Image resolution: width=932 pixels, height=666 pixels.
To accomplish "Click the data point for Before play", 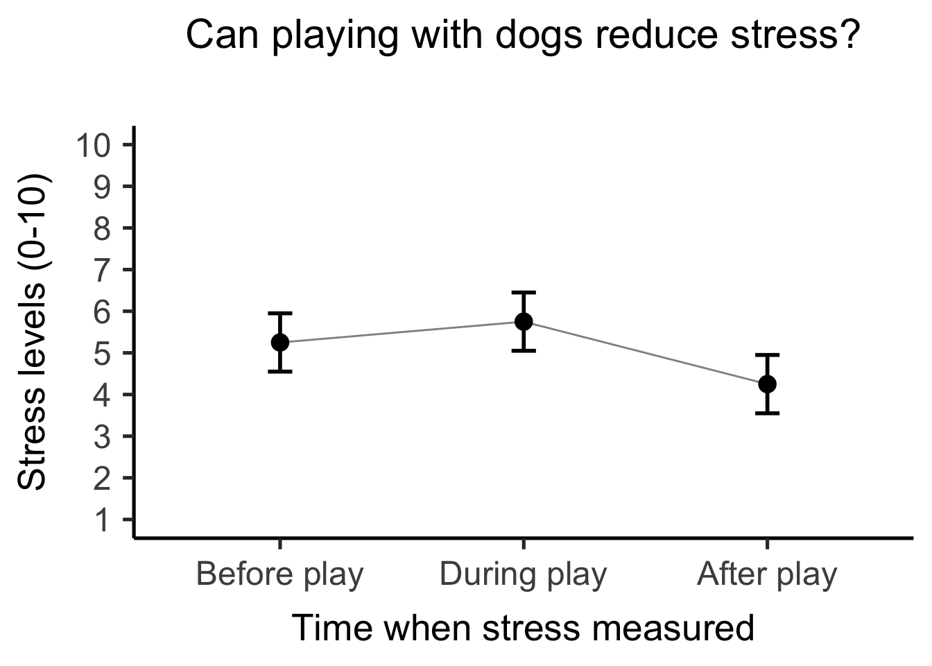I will [x=280, y=342].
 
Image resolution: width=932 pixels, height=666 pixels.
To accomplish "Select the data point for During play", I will [x=524, y=321].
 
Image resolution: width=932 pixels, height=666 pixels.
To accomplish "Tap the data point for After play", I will [x=767, y=384].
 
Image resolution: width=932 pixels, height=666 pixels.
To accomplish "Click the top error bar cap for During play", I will [x=524, y=293].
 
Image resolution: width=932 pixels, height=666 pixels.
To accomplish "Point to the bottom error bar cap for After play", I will [x=767, y=413].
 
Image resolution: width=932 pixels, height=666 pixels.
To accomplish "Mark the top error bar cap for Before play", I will [x=280, y=314].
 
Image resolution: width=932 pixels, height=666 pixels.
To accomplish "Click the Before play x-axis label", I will [x=280, y=574].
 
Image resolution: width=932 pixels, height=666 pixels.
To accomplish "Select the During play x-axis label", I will [x=524, y=574].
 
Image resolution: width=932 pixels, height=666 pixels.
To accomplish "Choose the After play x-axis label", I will [x=767, y=574].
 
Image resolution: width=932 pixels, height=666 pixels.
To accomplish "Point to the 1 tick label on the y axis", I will [x=102, y=520].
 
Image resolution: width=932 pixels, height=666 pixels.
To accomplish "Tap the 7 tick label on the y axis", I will [x=102, y=270].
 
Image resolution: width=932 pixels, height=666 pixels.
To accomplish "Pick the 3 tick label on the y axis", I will [x=102, y=436].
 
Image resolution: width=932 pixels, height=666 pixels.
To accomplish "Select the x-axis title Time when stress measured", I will [x=523, y=628].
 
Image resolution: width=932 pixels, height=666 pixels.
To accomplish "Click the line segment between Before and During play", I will [x=402, y=332].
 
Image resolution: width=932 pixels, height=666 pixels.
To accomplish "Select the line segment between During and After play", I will [x=645, y=352].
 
